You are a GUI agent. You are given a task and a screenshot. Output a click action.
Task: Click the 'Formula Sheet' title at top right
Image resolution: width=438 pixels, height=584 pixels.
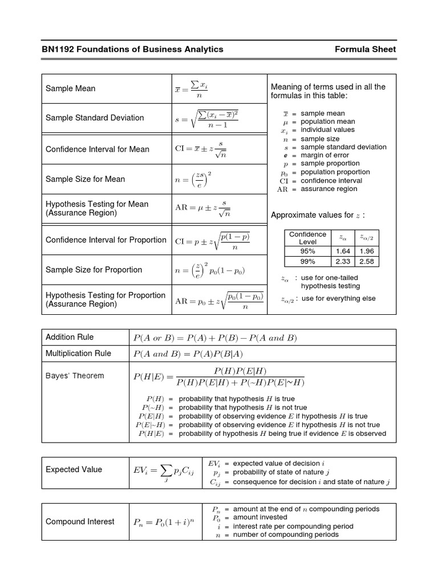tap(365, 50)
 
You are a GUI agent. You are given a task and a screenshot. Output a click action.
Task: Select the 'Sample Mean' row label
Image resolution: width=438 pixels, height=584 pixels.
tap(70, 88)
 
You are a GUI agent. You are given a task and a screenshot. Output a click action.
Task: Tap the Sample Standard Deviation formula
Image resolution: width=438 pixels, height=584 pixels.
tap(206, 118)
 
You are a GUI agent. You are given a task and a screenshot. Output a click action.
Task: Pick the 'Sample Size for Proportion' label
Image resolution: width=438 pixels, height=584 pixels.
tap(94, 270)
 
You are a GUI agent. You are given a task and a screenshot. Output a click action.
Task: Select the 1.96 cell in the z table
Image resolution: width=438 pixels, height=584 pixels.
tap(367, 251)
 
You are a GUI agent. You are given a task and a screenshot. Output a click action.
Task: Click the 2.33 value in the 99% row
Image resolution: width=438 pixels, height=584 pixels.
tap(343, 261)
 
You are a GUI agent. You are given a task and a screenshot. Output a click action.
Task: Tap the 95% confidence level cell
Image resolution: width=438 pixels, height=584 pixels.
tap(307, 251)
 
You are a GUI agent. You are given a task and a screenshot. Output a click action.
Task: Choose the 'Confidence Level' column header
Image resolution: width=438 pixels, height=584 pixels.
tap(307, 238)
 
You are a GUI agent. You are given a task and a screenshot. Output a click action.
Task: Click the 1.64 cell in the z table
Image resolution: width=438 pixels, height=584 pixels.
tap(343, 251)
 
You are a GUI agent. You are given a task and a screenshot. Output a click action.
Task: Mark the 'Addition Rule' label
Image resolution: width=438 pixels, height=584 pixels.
tap(70, 337)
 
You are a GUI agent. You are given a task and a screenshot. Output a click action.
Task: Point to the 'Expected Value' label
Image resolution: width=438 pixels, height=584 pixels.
tap(74, 469)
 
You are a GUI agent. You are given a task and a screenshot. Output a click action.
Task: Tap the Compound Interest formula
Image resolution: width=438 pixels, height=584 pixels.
tap(164, 522)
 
